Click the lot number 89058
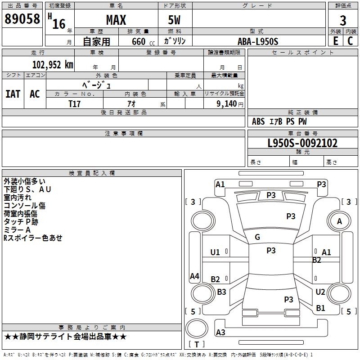pos(22,18)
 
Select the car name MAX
pos(116,20)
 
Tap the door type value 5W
pos(174,20)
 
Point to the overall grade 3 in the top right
pos(343,21)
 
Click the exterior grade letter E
pos(336,41)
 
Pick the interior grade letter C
pos(350,41)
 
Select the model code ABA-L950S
pos(258,41)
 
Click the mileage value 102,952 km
pos(53,65)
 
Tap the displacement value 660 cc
pos(143,42)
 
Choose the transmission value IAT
pos(13,94)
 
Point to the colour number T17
pos(75,104)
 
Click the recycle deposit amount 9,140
pos(227,104)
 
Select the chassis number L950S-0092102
pos(302,143)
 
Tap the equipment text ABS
pos(258,121)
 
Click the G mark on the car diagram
pos(257,237)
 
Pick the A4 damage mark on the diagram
pos(194,276)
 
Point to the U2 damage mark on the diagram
pos(320,292)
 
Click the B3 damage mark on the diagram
pos(221,292)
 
